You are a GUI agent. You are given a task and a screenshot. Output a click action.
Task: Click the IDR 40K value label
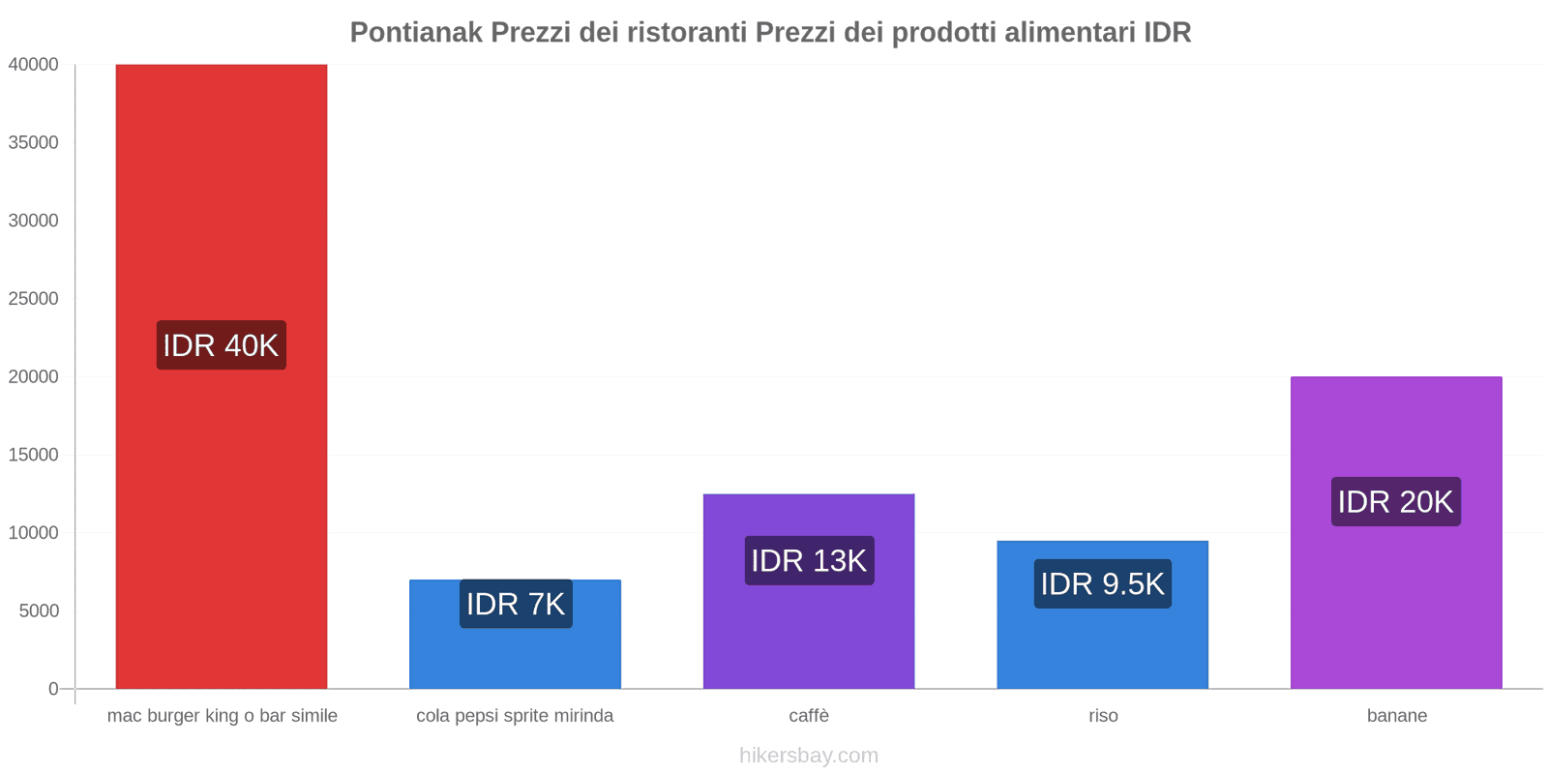point(221,345)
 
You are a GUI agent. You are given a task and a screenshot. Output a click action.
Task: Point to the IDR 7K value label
point(515,604)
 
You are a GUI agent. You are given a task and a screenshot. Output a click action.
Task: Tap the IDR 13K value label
point(809,560)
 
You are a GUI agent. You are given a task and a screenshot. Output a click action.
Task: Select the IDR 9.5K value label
point(1102,583)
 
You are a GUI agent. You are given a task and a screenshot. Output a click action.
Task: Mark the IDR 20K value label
point(1395,501)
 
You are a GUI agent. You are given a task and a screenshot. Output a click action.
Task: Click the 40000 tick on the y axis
point(34,65)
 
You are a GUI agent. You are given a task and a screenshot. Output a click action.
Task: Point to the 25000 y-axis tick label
point(34,299)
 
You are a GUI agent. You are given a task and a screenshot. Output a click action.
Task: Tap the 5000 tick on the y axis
point(39,611)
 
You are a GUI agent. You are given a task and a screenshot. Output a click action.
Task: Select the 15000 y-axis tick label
point(34,455)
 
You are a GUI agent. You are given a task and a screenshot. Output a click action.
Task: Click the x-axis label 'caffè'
point(809,716)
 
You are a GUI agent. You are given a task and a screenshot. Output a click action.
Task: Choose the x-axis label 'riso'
point(1103,716)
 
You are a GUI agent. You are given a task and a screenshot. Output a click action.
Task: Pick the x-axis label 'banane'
point(1396,716)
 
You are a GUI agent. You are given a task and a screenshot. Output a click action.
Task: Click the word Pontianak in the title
point(416,32)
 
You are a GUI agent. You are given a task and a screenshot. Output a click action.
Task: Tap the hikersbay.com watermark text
point(809,756)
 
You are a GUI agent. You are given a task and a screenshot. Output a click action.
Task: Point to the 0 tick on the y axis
point(53,689)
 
